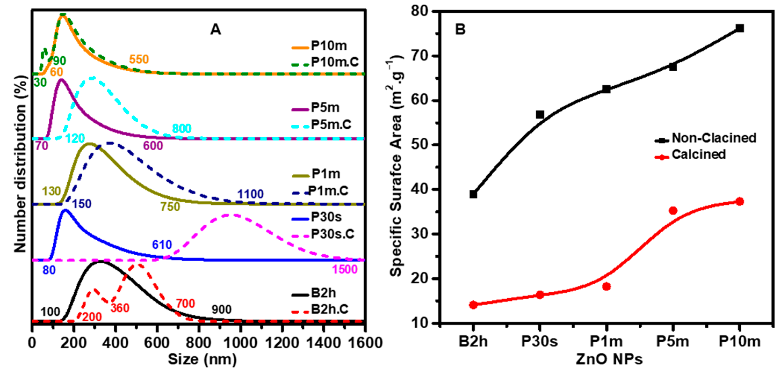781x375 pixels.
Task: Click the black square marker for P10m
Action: [740, 28]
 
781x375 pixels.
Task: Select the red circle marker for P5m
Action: [673, 211]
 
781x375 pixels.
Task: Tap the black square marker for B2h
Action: [473, 194]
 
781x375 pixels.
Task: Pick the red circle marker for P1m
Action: [606, 286]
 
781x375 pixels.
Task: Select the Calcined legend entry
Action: [698, 155]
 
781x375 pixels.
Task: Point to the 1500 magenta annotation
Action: [345, 269]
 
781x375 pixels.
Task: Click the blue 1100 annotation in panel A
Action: [250, 194]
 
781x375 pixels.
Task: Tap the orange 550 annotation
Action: [139, 59]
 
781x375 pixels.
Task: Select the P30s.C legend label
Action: [332, 234]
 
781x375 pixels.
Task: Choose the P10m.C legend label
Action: [335, 62]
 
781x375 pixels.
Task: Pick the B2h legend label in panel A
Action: [323, 293]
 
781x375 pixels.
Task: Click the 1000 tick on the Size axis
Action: [241, 343]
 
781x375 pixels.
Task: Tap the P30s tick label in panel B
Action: [539, 341]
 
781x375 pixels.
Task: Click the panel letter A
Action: [216, 30]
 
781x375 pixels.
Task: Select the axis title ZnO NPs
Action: [609, 359]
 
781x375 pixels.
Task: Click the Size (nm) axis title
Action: [202, 359]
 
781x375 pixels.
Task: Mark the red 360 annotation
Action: [120, 308]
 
